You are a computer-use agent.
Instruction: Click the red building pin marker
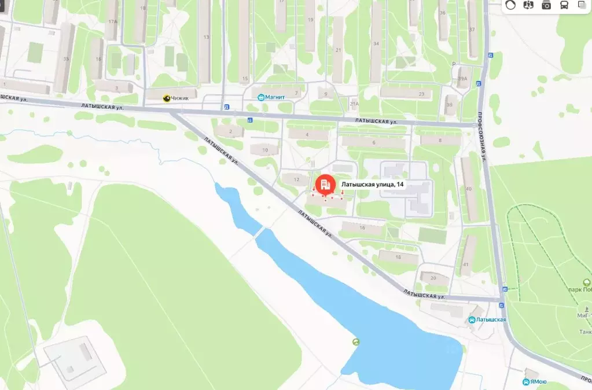click(324, 185)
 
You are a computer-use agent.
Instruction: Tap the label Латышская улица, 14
click(372, 184)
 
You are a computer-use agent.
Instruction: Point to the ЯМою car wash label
click(538, 382)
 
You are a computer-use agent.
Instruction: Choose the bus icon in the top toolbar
click(563, 5)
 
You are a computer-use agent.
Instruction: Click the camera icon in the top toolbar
click(546, 5)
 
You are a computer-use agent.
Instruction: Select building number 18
click(398, 257)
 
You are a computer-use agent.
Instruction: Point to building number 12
click(297, 179)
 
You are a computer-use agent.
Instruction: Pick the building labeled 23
click(421, 94)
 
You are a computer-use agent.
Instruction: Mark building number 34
click(376, 44)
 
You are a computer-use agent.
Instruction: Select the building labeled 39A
click(462, 78)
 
